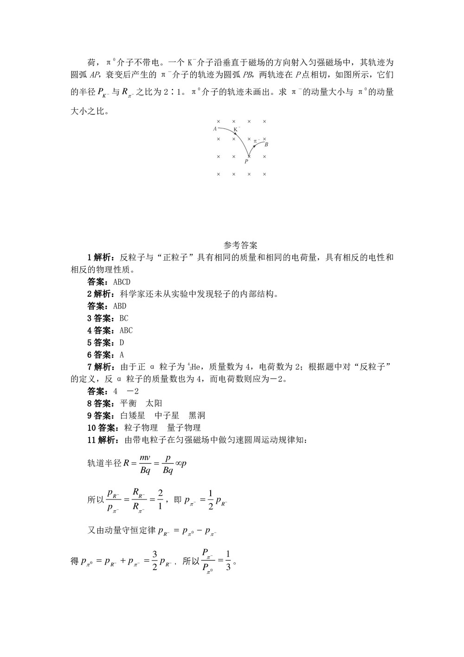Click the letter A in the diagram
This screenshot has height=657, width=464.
(215, 129)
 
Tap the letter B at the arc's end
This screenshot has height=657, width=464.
(266, 145)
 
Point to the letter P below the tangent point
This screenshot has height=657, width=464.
(246, 162)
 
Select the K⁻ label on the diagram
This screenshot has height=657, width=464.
(237, 129)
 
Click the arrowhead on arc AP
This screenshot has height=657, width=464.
(235, 134)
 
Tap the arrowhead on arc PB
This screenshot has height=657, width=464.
(254, 146)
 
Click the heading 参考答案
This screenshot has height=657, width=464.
(240, 245)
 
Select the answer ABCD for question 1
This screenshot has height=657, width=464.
(122, 282)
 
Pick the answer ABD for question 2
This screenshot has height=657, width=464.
(120, 306)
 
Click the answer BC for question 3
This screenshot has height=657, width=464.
(123, 318)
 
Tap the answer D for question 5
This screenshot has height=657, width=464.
(122, 342)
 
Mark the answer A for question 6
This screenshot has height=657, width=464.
(122, 355)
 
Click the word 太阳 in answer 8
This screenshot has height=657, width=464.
(154, 403)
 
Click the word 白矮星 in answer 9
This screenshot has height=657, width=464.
(133, 415)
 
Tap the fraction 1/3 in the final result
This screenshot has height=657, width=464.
(227, 561)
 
